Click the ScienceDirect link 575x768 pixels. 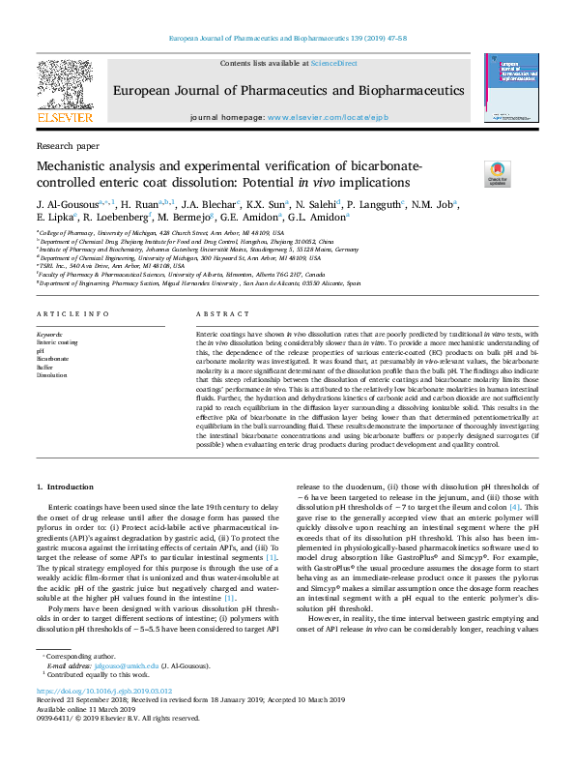pyautogui.click(x=333, y=63)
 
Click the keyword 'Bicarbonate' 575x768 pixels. pyautogui.click(x=52, y=358)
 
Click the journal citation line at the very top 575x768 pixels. pyautogui.click(x=287, y=39)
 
